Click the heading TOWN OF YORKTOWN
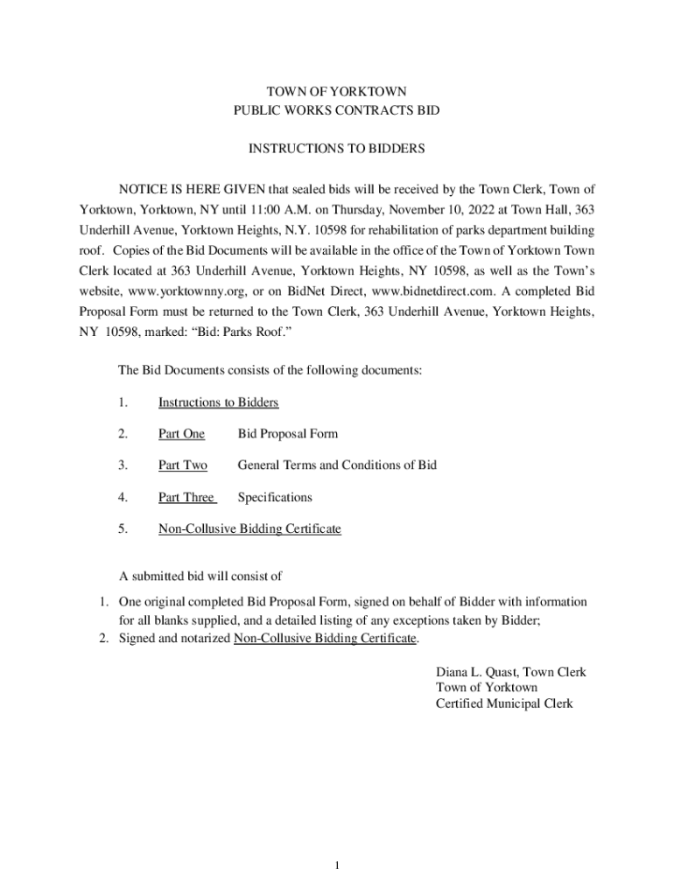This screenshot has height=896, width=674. point(337,92)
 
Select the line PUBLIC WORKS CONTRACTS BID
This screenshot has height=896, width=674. point(337,111)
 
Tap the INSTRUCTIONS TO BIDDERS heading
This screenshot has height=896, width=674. point(337,150)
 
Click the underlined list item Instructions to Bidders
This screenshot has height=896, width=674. point(218,402)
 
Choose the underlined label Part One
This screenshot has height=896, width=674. point(181,434)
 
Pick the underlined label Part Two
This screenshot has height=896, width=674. point(182,465)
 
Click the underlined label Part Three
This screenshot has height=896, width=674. point(186,497)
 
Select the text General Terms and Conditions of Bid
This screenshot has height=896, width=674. point(337,465)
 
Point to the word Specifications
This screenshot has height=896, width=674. point(275,497)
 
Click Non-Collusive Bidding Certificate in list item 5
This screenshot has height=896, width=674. point(249,528)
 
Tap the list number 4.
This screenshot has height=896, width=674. point(123,497)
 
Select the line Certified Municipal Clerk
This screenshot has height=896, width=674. point(504,703)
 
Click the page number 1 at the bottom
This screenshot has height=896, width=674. point(336,866)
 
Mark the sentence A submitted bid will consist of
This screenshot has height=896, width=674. point(200,576)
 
